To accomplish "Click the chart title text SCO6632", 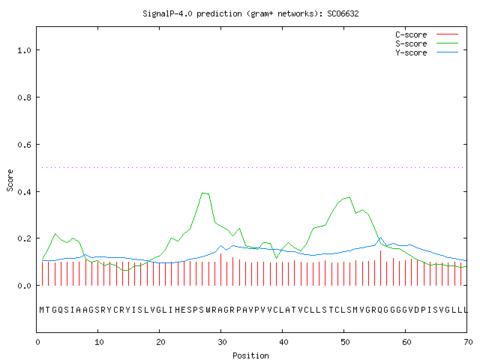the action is pyautogui.click(x=343, y=13).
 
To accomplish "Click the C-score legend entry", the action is pyautogui.click(x=427, y=34).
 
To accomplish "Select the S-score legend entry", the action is pyautogui.click(x=427, y=43).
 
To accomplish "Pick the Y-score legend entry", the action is pyautogui.click(x=427, y=52).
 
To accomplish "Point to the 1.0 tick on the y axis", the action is pyautogui.click(x=24, y=50).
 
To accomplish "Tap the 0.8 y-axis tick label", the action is pyautogui.click(x=24, y=97).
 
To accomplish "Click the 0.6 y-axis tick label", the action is pyautogui.click(x=24, y=145).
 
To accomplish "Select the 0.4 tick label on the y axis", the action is pyautogui.click(x=24, y=192).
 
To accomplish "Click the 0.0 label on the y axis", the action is pyautogui.click(x=24, y=286).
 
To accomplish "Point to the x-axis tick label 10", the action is pyautogui.click(x=99, y=342).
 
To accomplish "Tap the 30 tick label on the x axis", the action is pyautogui.click(x=222, y=342).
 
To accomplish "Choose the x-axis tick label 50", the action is pyautogui.click(x=345, y=342).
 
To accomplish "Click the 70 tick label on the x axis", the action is pyautogui.click(x=468, y=342).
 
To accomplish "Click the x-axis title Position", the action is pyautogui.click(x=250, y=355).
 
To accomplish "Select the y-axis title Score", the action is pyautogui.click(x=10, y=180).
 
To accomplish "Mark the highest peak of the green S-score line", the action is pyautogui.click(x=203, y=193).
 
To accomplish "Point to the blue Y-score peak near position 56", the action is pyautogui.click(x=380, y=238).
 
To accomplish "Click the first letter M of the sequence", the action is pyautogui.click(x=42, y=310).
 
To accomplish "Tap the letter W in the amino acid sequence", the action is pyautogui.click(x=208, y=310).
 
